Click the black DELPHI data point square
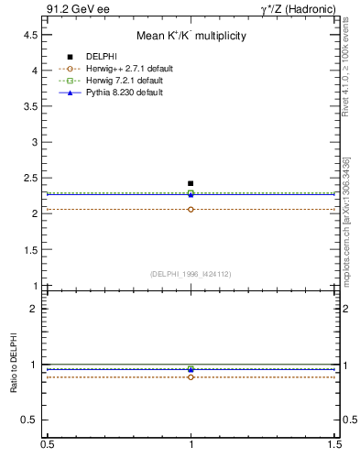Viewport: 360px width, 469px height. click(x=191, y=183)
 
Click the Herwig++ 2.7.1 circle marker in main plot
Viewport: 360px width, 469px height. click(x=191, y=209)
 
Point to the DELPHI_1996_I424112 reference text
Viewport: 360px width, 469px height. click(x=191, y=273)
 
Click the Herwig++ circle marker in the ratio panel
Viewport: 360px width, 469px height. click(x=191, y=376)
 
